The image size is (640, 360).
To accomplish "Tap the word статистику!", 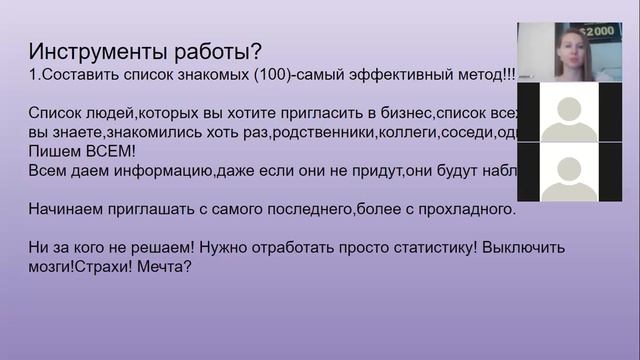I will (x=425, y=249).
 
